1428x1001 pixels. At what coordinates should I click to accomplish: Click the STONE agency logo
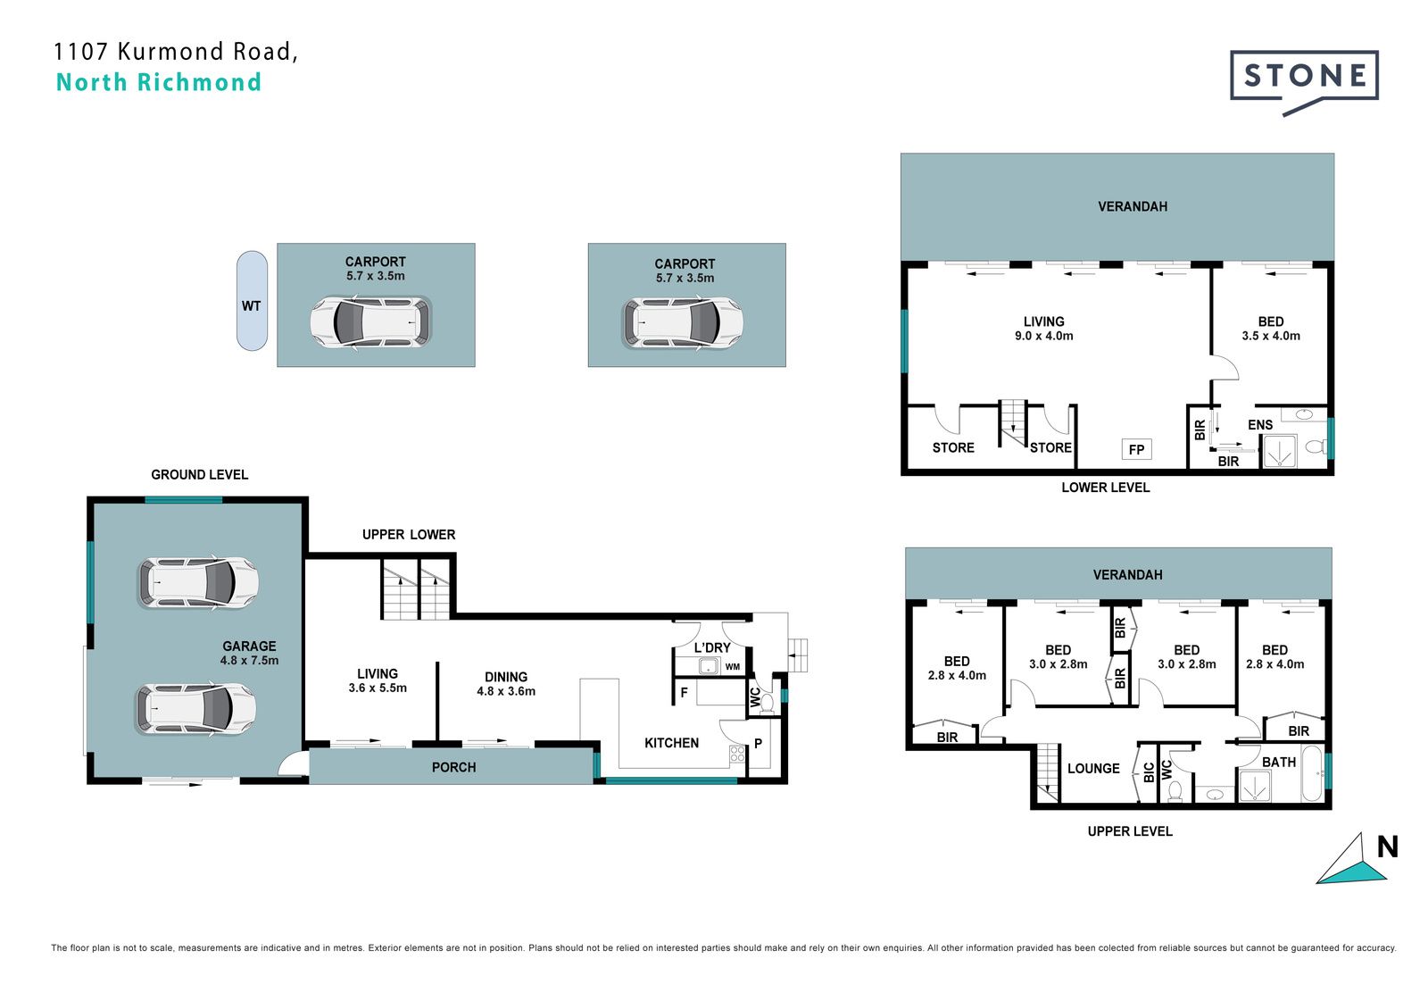click(x=1304, y=81)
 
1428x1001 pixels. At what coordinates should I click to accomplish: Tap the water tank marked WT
click(x=252, y=301)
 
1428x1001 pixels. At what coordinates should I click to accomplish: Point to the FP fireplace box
click(x=1136, y=450)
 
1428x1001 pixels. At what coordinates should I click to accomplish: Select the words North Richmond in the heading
click(x=159, y=82)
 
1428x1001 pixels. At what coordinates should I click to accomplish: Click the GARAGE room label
click(x=249, y=646)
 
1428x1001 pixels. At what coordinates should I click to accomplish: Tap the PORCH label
click(x=454, y=768)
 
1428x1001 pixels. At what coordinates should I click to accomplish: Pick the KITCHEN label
click(x=671, y=743)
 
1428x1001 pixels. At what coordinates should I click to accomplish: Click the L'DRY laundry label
click(x=712, y=648)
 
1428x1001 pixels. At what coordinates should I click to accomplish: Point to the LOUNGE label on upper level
click(x=1093, y=769)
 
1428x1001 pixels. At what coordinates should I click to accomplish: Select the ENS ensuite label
click(x=1260, y=425)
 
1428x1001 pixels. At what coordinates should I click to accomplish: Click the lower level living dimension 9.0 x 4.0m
click(x=1044, y=337)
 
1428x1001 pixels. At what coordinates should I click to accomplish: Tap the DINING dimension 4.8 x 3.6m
click(x=506, y=691)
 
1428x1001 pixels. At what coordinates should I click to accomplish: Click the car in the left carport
click(x=370, y=323)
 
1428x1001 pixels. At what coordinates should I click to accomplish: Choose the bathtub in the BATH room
click(x=1312, y=773)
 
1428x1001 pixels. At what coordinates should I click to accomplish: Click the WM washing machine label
click(x=733, y=667)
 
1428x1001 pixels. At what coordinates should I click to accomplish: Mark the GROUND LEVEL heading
click(x=200, y=475)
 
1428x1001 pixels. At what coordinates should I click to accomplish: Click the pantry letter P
click(x=758, y=743)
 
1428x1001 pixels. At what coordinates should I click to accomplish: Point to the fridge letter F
click(x=684, y=693)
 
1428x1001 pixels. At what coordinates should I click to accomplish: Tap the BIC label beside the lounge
click(x=1149, y=772)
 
